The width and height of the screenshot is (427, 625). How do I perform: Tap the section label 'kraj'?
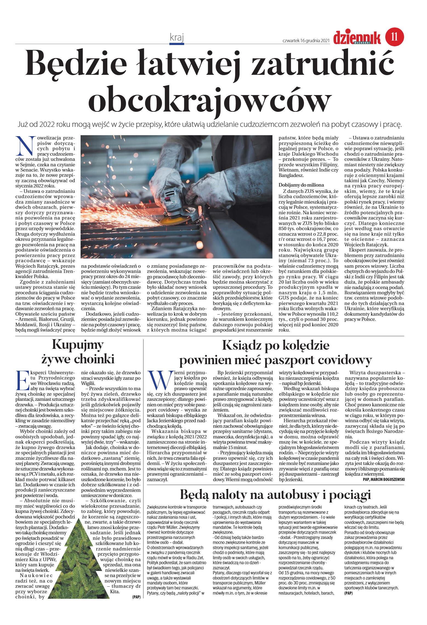click(x=177, y=37)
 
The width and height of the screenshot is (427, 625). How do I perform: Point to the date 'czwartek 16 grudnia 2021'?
click(x=306, y=41)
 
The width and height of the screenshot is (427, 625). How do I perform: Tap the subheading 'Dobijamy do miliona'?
click(x=301, y=185)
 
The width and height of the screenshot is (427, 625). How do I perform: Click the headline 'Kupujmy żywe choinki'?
click(x=78, y=352)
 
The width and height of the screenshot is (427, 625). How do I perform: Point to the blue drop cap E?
click(x=23, y=380)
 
